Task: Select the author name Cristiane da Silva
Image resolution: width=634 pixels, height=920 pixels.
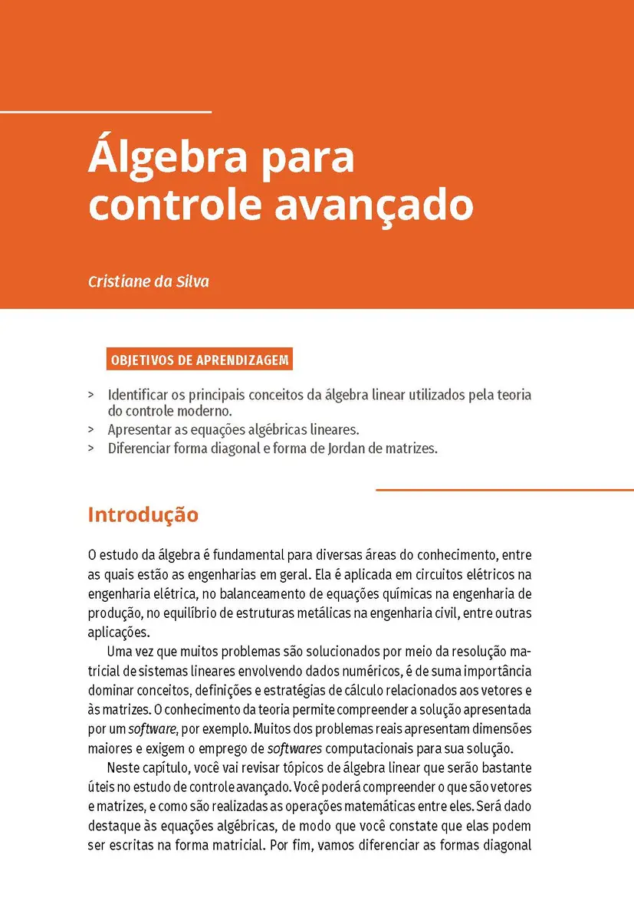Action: coord(149,281)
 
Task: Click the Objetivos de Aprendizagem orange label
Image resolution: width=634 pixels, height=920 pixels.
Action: coord(199,359)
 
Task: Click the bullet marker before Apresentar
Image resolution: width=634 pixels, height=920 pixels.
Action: coord(91,430)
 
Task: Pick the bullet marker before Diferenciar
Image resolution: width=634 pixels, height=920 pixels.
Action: coord(91,449)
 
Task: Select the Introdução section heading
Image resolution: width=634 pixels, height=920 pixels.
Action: coord(143,514)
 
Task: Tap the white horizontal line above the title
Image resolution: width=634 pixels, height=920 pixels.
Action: coord(105,112)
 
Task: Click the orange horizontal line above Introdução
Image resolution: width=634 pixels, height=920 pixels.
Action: coord(504,490)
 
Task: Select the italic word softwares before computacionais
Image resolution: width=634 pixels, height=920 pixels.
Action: coord(295,747)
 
